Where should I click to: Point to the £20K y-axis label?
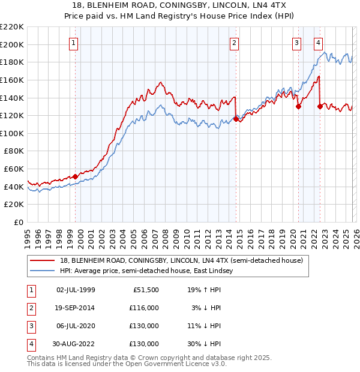[x=13, y=205]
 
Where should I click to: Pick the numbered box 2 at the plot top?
[x=233, y=43]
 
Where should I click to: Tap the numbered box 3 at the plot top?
[x=297, y=43]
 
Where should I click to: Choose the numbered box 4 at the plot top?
[x=317, y=43]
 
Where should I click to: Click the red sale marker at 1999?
[x=75, y=176]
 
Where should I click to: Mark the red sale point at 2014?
[x=236, y=119]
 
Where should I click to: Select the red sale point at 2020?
[x=298, y=107]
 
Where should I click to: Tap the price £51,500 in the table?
[x=145, y=290]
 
